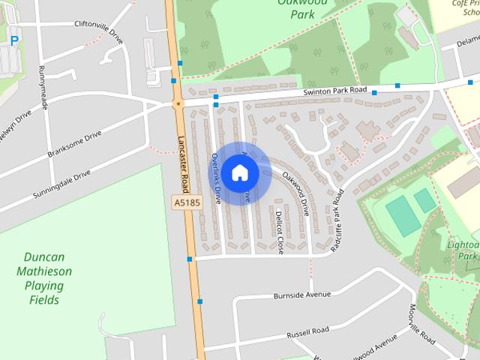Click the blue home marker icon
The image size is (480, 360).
[x=239, y=173]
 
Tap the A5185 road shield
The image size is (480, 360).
[x=187, y=202]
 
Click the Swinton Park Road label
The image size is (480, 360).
[x=335, y=91]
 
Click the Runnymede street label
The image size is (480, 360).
[x=43, y=86]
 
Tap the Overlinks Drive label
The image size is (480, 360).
[x=215, y=178]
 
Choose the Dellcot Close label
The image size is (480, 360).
[x=279, y=232]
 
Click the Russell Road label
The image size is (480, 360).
[x=307, y=331]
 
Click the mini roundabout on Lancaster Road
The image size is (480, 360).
[x=178, y=103]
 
